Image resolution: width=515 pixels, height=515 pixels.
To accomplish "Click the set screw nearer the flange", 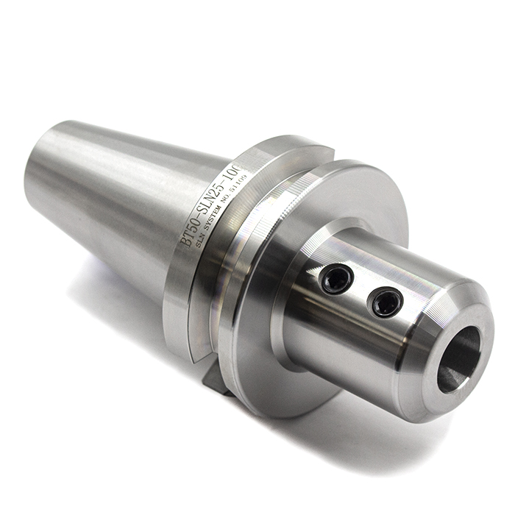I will (x=338, y=279).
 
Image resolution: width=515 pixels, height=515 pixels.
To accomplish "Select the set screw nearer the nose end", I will (x=385, y=302).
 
